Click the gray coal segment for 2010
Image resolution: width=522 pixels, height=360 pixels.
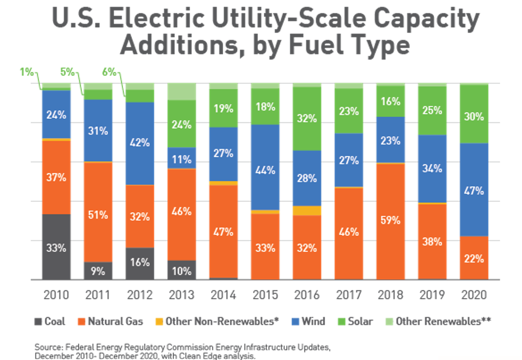click(x=56, y=247)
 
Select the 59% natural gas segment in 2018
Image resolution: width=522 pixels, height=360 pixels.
click(x=390, y=221)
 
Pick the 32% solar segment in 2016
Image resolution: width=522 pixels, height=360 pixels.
click(x=307, y=119)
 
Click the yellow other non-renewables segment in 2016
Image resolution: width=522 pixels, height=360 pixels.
click(x=307, y=211)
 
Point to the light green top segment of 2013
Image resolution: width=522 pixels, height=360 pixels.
click(x=181, y=91)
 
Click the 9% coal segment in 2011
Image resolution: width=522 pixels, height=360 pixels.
click(x=98, y=271)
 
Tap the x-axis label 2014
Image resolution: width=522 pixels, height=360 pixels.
click(x=223, y=295)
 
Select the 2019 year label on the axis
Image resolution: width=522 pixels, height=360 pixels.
click(x=432, y=295)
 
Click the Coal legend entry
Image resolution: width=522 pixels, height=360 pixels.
click(x=50, y=321)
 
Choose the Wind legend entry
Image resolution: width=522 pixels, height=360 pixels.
click(x=308, y=321)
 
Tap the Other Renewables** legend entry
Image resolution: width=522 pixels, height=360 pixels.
click(x=438, y=321)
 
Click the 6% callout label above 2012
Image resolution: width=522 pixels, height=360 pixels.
click(x=109, y=72)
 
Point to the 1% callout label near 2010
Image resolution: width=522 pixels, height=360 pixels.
click(x=26, y=72)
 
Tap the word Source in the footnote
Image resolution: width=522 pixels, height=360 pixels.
click(x=48, y=347)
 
